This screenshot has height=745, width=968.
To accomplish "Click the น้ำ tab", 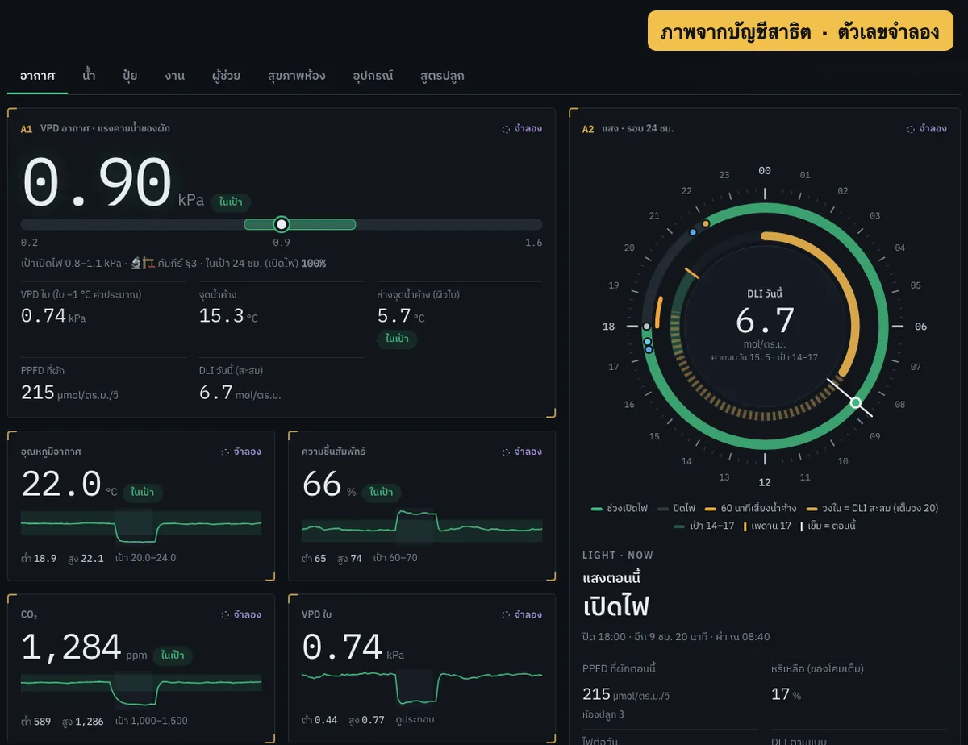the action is pyautogui.click(x=89, y=75).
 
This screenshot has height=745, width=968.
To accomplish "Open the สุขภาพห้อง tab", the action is pyautogui.click(x=296, y=76).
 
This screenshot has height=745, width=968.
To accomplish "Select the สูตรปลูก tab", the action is pyautogui.click(x=442, y=76).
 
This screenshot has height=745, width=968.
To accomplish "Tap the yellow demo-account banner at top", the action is pyautogui.click(x=800, y=31).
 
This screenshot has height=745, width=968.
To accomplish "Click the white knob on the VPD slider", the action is pyautogui.click(x=281, y=224).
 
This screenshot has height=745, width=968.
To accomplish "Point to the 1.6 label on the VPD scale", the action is pyautogui.click(x=534, y=243).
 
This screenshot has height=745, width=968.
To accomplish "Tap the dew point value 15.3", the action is pyautogui.click(x=221, y=315).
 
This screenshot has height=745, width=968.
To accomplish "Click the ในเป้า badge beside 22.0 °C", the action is pyautogui.click(x=142, y=492).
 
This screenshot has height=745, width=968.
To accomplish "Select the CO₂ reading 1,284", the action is pyautogui.click(x=71, y=647).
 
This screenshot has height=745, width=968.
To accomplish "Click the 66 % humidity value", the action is pyautogui.click(x=322, y=484).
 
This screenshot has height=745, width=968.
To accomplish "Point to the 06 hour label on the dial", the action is pyautogui.click(x=920, y=327).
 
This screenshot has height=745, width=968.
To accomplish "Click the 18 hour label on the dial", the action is pyautogui.click(x=608, y=327).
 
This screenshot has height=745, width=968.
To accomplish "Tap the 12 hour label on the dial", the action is pyautogui.click(x=765, y=482).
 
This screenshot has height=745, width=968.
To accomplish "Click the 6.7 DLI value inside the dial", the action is pyautogui.click(x=765, y=320).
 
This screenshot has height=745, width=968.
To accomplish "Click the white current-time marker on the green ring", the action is pyautogui.click(x=855, y=403).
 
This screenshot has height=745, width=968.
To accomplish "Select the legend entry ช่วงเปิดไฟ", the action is pyautogui.click(x=620, y=508).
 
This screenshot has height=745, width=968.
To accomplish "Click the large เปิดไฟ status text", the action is pyautogui.click(x=615, y=606).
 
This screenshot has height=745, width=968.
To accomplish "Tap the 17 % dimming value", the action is pyautogui.click(x=786, y=694).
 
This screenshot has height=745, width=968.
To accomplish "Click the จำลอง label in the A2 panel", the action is pyautogui.click(x=933, y=129).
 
